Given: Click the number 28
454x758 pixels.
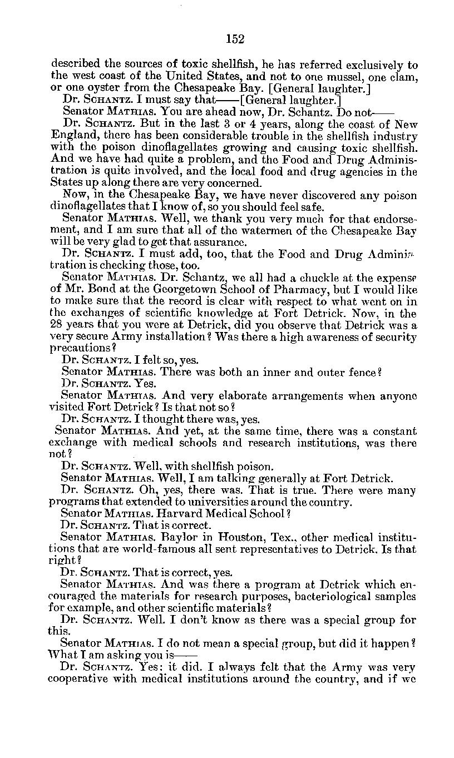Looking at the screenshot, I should pyautogui.click(x=57, y=326).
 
